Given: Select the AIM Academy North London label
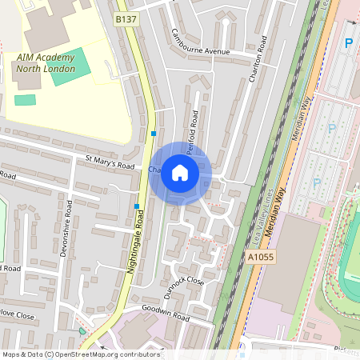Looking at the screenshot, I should [x=46, y=62].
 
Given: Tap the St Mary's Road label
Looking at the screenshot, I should [x=110, y=163].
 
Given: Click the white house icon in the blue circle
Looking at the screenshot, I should [x=180, y=173].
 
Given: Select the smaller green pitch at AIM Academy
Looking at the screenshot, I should [x=26, y=100].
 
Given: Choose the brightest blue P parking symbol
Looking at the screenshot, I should [x=348, y=42].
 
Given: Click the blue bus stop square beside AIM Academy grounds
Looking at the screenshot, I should [x=154, y=134].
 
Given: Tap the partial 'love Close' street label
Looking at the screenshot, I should [x=18, y=316].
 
